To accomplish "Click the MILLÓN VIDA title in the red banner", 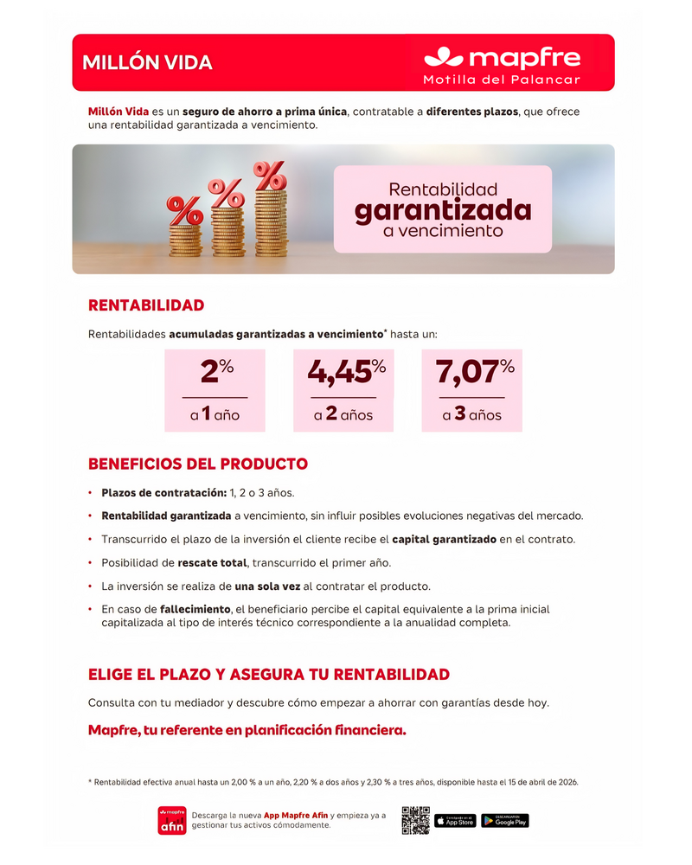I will pos(147,63).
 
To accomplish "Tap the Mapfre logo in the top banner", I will pos(502,58).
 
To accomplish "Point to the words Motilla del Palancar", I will pos(502,80).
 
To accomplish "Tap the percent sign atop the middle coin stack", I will pos(227,191).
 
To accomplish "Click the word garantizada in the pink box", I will pos(442,210).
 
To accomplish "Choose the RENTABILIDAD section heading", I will pos(146,305).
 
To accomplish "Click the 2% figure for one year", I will pos(216,372).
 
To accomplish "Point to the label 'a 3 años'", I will pos(471,414).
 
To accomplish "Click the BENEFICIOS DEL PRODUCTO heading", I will pos(198,464).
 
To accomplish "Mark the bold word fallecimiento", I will pos(195,610).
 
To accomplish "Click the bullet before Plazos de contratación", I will pos(91,493).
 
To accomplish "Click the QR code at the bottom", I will pos(415,820).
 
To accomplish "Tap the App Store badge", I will pos(455,820).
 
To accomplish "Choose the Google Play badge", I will pos(505,820).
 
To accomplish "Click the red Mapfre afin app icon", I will pos(172,820).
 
